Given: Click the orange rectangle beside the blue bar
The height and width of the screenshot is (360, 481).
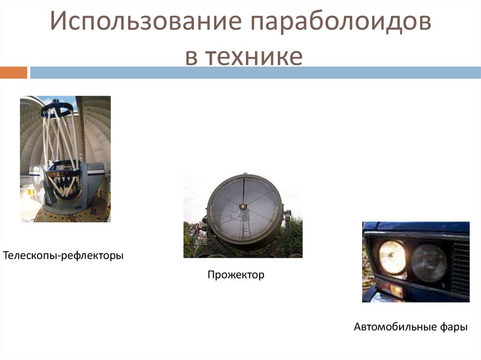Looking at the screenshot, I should (x=14, y=73).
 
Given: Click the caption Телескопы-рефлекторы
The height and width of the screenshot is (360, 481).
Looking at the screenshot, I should (x=63, y=256).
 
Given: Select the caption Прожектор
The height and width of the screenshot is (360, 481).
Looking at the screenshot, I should (x=236, y=275).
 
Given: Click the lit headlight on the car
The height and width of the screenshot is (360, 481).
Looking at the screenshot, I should (x=392, y=257).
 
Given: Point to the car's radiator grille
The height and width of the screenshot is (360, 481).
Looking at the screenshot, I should (x=460, y=268).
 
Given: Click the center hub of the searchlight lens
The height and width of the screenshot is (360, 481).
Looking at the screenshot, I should (x=243, y=207).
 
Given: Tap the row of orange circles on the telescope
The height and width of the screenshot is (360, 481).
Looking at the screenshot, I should (x=61, y=172).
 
